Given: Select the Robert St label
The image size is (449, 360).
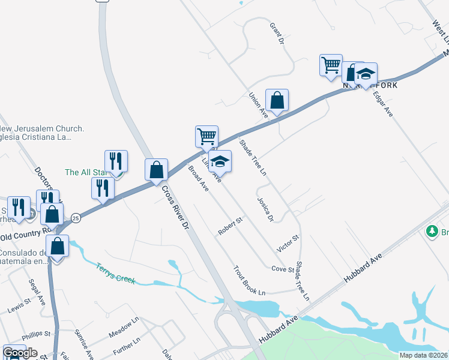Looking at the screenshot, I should (230, 227).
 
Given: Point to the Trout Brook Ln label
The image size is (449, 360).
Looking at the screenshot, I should (249, 281).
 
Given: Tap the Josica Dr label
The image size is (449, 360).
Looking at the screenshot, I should (265, 209).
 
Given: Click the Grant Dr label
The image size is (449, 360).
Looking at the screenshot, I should (276, 34).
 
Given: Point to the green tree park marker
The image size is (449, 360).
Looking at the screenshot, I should (431, 231).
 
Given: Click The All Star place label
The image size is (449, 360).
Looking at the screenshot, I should (85, 172).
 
